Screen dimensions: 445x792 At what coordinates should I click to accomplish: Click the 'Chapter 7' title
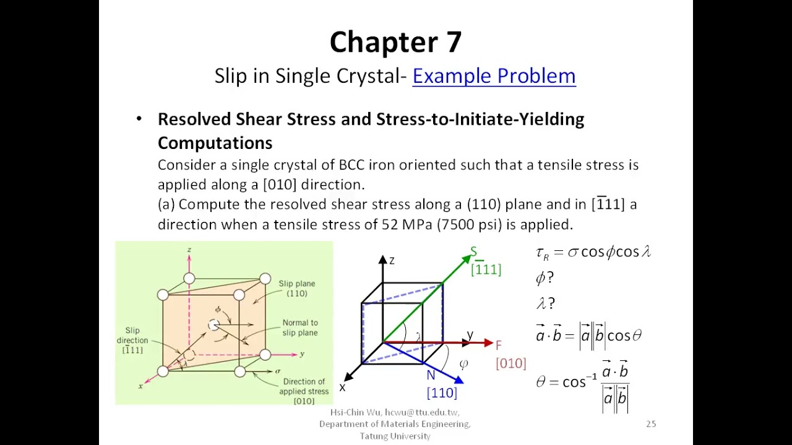tap(395, 42)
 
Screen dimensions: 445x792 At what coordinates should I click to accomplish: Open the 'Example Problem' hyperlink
tap(494, 76)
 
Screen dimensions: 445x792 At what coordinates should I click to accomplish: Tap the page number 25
tap(651, 424)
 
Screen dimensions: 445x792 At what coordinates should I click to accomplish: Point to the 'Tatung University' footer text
tap(395, 436)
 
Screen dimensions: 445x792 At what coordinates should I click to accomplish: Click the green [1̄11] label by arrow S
tap(486, 269)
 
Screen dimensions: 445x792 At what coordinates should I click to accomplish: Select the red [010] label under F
tap(510, 363)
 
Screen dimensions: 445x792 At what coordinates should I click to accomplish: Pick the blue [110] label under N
tap(442, 392)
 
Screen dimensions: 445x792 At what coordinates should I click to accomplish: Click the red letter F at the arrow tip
tap(499, 345)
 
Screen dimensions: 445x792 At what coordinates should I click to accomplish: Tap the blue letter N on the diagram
tap(431, 375)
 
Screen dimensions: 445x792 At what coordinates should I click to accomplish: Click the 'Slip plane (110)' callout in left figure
tap(296, 289)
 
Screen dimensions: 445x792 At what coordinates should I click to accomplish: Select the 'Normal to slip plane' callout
tap(300, 328)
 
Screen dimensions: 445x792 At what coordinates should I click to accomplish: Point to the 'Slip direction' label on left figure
tap(132, 340)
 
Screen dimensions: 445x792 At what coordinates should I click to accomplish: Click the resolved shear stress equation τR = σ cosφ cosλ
tap(593, 252)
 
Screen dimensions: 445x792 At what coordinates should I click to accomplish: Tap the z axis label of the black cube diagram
tap(392, 261)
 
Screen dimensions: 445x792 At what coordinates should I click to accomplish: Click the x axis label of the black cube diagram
tap(342, 388)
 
